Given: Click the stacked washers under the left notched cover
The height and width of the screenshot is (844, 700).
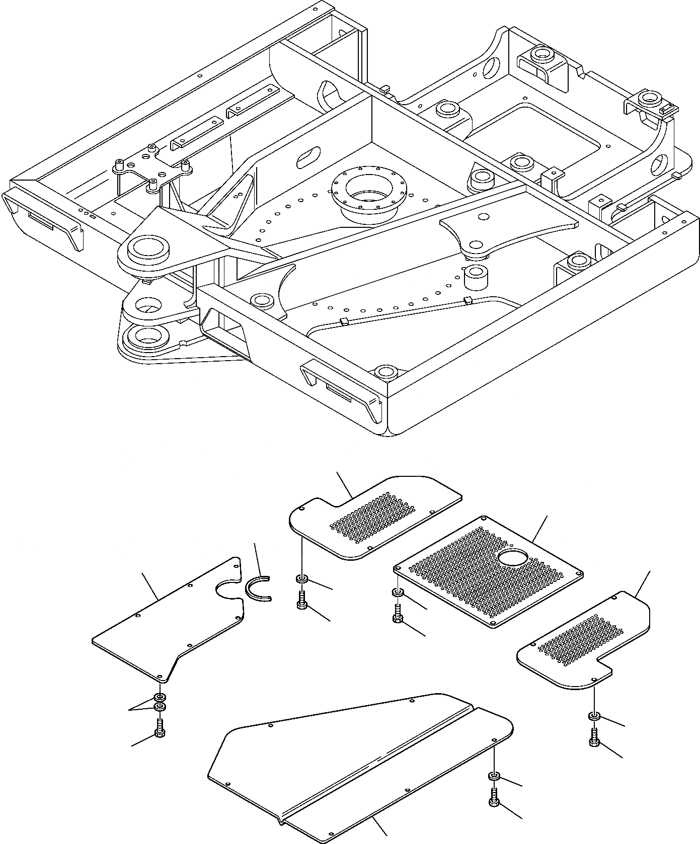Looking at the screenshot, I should [160, 703].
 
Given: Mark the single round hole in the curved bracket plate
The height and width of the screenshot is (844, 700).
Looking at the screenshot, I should [484, 217].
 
